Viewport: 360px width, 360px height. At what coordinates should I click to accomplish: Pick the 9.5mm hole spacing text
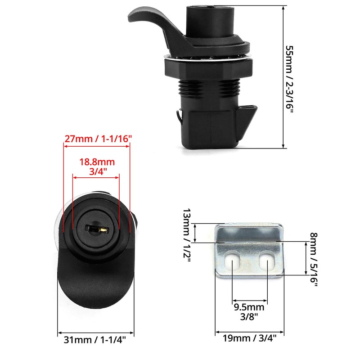(x=250, y=308)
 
